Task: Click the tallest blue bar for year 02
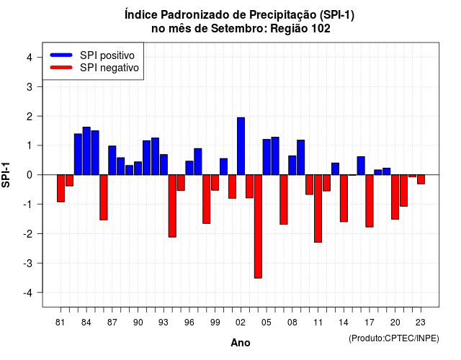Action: pos(241,146)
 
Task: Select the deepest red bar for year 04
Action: pos(258,226)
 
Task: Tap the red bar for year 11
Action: pos(318,208)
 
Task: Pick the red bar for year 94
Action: pos(172,206)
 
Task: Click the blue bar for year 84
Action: pos(86,150)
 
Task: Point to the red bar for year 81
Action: pos(61,189)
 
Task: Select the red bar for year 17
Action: pos(370,201)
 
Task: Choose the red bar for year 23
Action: pos(421,179)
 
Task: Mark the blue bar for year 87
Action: pos(112,160)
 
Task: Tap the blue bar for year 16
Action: pos(361,166)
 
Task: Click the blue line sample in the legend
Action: pos(61,55)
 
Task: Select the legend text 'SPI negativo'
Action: pos(109,68)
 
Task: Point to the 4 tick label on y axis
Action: pos(30,58)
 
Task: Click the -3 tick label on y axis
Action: pos(27,263)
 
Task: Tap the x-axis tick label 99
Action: pos(215,323)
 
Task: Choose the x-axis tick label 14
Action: pos(344,323)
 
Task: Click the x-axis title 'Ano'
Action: pos(241,343)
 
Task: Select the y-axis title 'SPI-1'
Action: pos(6,175)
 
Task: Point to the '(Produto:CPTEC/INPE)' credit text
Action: pos(394,338)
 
